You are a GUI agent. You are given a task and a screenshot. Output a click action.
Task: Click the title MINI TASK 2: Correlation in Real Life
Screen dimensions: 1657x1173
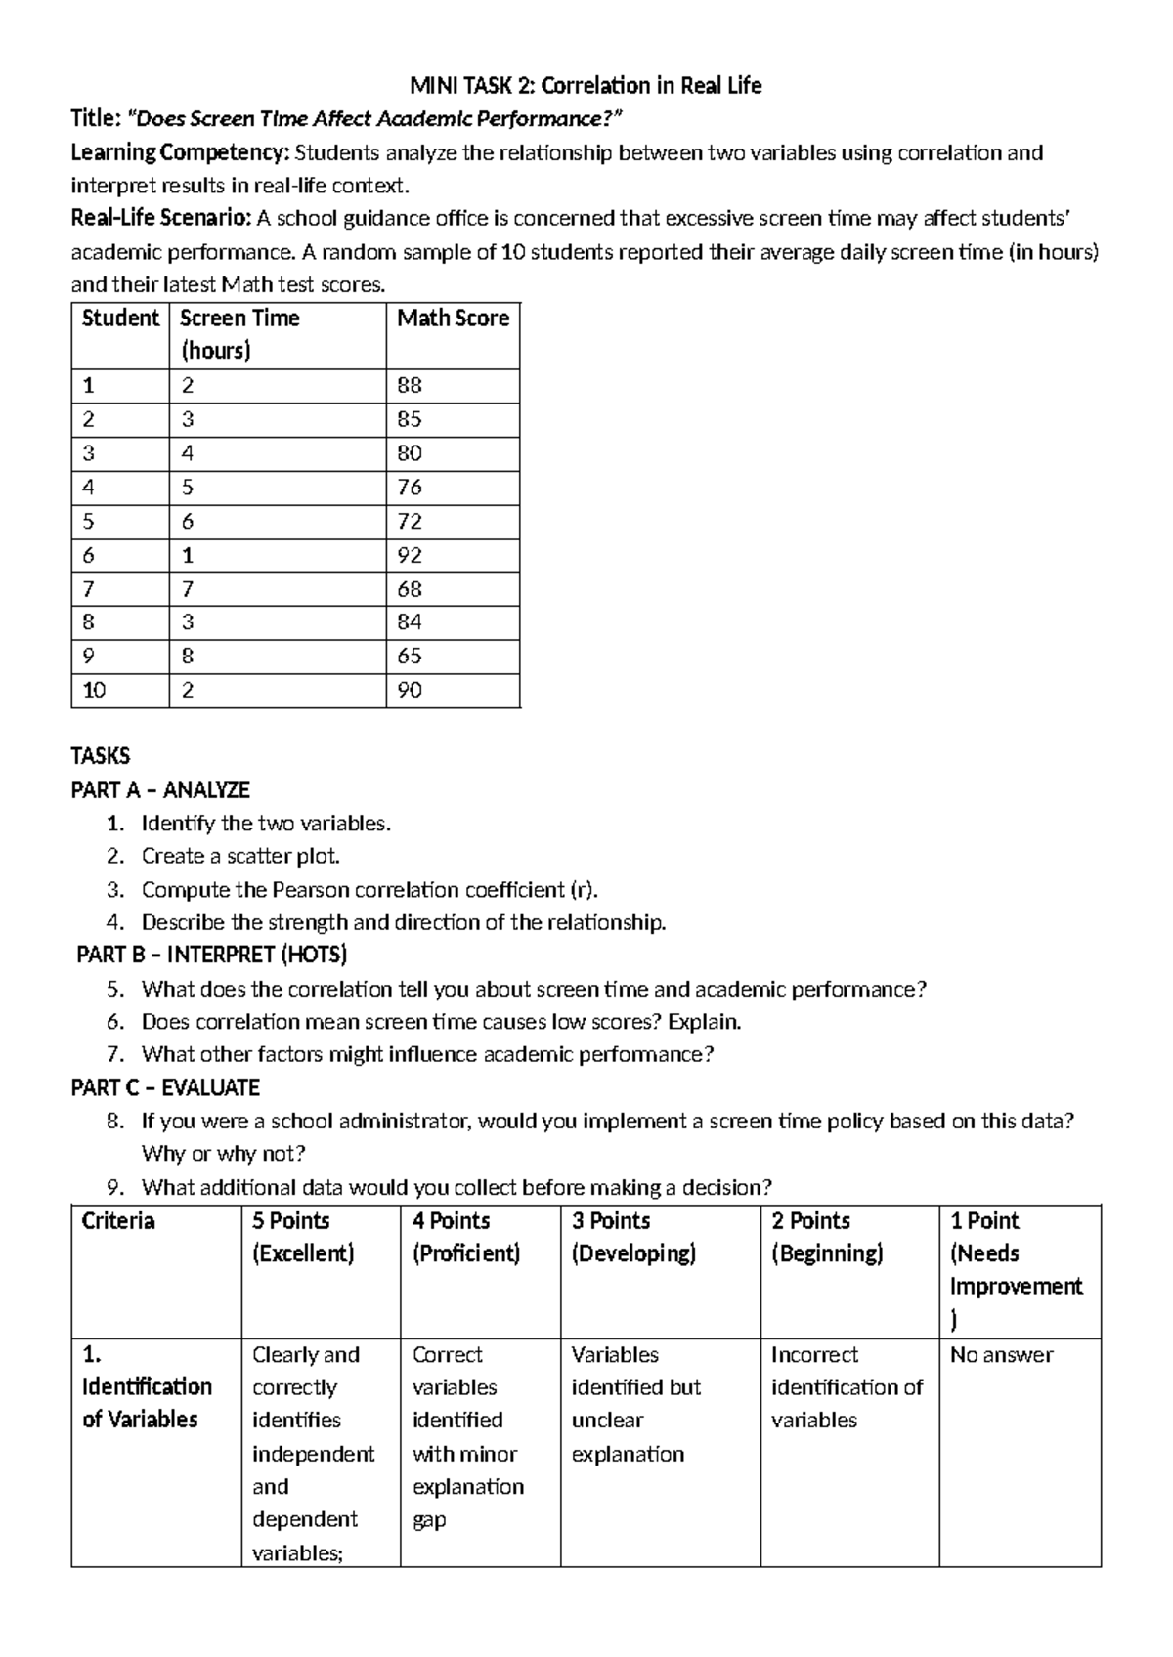(x=586, y=86)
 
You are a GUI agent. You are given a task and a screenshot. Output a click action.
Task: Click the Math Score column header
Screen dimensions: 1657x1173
(x=453, y=319)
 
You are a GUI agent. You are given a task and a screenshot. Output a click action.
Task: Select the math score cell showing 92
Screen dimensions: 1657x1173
(x=410, y=555)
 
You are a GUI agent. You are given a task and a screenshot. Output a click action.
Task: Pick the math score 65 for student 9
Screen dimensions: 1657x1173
(x=410, y=657)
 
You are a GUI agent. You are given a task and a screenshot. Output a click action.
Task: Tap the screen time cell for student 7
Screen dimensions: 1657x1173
(x=188, y=589)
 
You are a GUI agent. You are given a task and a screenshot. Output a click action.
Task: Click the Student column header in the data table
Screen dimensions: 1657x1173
(x=119, y=319)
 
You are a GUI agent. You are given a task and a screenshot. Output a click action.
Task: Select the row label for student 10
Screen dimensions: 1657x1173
(x=94, y=691)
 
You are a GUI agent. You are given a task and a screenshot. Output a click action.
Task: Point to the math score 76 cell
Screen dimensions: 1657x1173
(x=410, y=488)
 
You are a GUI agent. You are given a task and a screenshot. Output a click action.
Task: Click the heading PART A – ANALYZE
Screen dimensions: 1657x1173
(x=160, y=789)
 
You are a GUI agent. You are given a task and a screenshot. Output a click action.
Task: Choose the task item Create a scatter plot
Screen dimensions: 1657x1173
(x=240, y=857)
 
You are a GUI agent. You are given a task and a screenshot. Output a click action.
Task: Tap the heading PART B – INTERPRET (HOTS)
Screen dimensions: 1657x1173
(x=212, y=955)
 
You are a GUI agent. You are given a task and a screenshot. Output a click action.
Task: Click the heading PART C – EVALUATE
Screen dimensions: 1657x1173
(x=165, y=1087)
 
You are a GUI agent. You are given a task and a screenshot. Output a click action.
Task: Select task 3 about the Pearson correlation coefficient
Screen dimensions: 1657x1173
(x=369, y=890)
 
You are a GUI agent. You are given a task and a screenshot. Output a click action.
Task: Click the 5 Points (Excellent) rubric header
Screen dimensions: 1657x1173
(x=303, y=1237)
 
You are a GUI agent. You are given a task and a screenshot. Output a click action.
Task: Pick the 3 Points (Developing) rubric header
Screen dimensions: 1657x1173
(x=633, y=1237)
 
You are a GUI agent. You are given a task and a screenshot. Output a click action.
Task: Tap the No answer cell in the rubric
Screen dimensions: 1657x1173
(x=1001, y=1355)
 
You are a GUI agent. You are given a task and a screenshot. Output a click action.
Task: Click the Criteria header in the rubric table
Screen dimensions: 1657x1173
(x=118, y=1221)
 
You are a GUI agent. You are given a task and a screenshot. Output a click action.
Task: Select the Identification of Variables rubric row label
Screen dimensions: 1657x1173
(x=146, y=1387)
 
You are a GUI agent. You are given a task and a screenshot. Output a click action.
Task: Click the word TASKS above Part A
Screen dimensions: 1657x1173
(x=100, y=756)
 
